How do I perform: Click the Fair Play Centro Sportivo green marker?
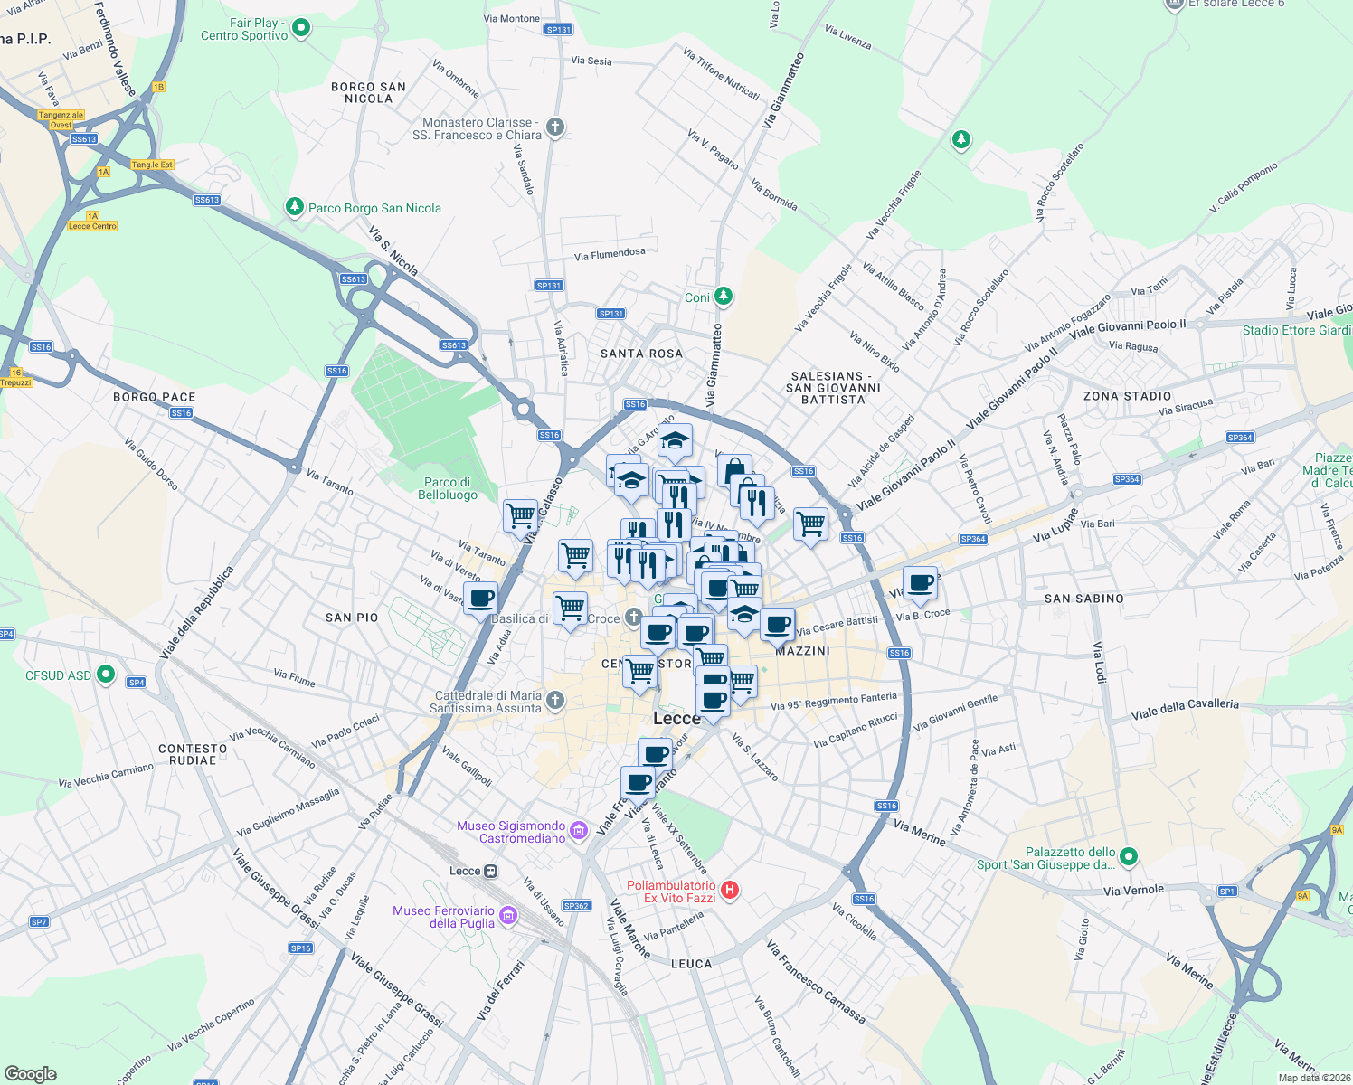(301, 28)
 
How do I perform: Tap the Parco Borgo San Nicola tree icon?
(294, 207)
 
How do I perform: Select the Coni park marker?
(723, 296)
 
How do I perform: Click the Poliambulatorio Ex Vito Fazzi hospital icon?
(730, 890)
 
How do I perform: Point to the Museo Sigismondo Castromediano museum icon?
(579, 830)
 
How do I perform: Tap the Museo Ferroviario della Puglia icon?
(508, 916)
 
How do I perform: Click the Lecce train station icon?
(490, 871)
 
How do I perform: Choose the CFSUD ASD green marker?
(106, 674)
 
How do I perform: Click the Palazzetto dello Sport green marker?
(1128, 855)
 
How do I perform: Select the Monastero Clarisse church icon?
(555, 127)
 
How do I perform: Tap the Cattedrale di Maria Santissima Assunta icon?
(555, 700)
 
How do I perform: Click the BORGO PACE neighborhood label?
(155, 397)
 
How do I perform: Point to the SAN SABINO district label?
(1083, 599)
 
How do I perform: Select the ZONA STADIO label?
(1127, 396)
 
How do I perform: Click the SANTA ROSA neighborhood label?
(641, 354)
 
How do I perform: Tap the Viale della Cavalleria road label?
(1185, 709)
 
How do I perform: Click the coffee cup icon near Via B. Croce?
(920, 582)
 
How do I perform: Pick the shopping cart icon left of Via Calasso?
(521, 516)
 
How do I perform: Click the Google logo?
(30, 1073)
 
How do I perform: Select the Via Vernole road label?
(1133, 891)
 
